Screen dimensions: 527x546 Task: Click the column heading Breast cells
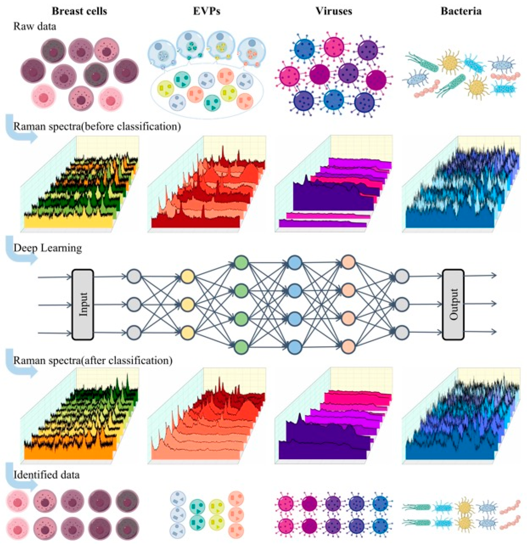click(x=79, y=11)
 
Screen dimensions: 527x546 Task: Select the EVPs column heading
click(x=207, y=11)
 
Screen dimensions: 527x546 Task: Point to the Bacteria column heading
click(x=461, y=11)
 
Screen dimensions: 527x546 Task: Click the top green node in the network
click(x=241, y=262)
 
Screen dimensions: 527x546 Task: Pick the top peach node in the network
click(x=348, y=262)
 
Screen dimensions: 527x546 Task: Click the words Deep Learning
click(x=48, y=248)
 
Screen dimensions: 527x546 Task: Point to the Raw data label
click(x=35, y=27)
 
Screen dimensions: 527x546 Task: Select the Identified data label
click(x=46, y=474)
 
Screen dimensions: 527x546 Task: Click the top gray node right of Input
click(x=134, y=277)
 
